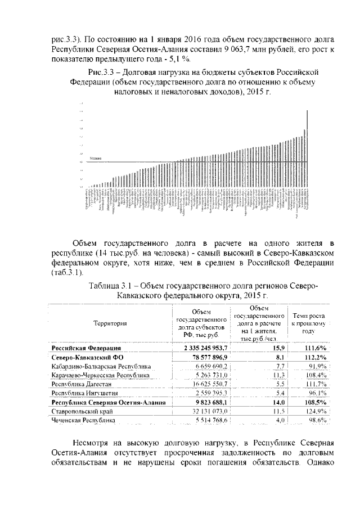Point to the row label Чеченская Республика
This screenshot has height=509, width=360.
point(83,420)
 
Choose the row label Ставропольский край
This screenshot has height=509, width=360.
point(80,412)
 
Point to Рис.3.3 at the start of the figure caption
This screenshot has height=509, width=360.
point(103,72)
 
